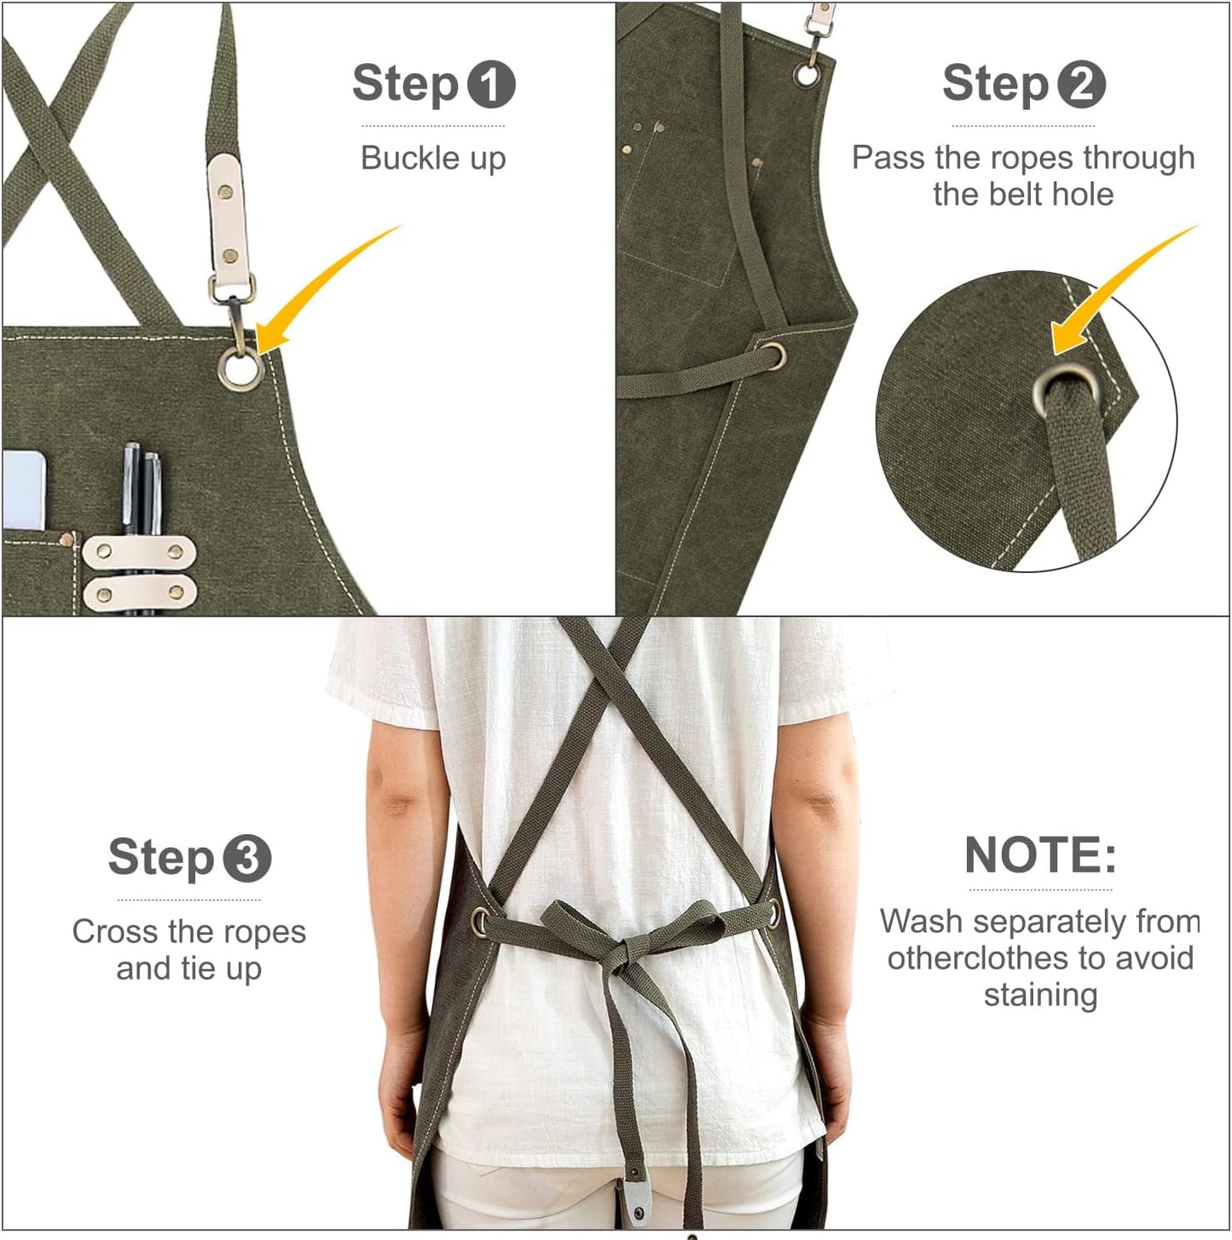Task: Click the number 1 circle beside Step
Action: [490, 85]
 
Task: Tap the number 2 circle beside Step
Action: [1081, 85]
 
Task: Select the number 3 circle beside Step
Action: [246, 859]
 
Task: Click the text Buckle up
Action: [433, 159]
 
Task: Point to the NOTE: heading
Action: [1040, 855]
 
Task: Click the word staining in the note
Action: [1040, 995]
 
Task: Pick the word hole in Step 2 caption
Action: [1082, 194]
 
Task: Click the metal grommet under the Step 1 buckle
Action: [241, 369]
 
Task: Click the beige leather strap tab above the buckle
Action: [226, 222]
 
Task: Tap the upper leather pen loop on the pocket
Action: [139, 552]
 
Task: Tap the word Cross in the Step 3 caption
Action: [111, 932]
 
